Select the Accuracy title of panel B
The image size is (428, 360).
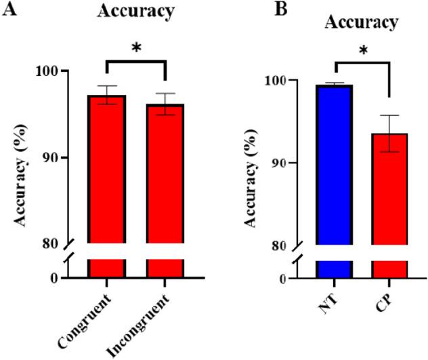pyautogui.click(x=361, y=22)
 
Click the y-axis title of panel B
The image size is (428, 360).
pyautogui.click(x=258, y=163)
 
